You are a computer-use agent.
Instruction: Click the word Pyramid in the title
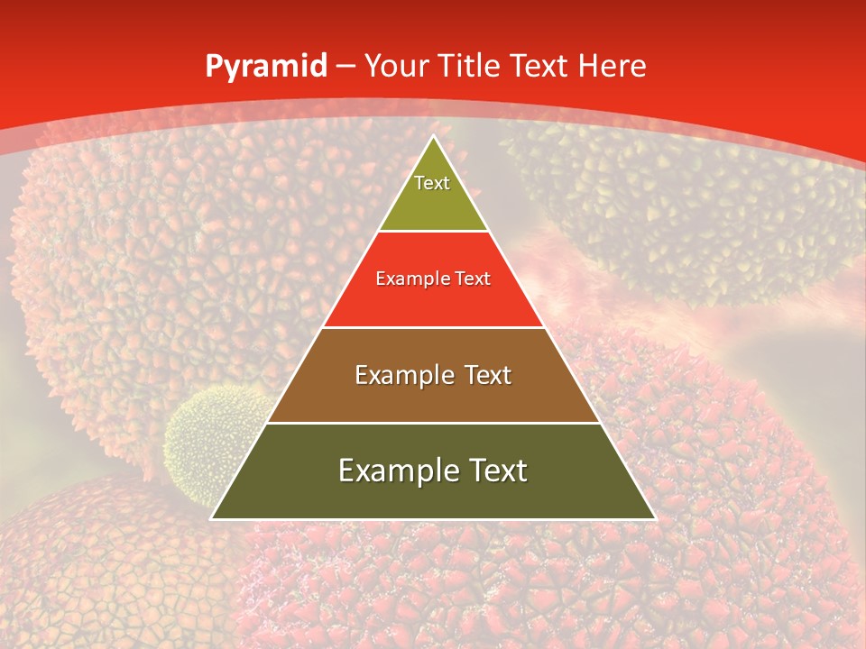(x=265, y=67)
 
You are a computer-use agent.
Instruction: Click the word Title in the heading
(x=469, y=66)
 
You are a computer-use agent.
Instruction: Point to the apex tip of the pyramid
(x=433, y=138)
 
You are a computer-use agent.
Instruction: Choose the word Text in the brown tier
(x=487, y=375)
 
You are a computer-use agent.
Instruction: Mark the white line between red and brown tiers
(x=433, y=327)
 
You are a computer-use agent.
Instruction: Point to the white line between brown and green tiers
(x=433, y=423)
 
